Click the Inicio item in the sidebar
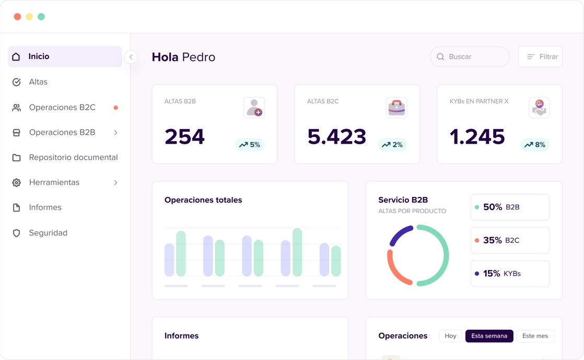(65, 56)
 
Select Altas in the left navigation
(38, 82)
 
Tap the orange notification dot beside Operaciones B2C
(115, 108)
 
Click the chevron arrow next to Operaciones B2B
(115, 133)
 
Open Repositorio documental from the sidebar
(73, 157)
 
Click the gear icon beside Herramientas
(17, 182)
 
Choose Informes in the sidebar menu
(45, 207)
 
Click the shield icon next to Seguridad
(17, 233)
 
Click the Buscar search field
(470, 56)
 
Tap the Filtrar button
(540, 56)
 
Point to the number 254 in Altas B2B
(184, 137)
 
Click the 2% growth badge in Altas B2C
(392, 145)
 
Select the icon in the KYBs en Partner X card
(539, 108)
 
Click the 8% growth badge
(534, 145)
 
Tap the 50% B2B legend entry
(510, 207)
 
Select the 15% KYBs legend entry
(510, 273)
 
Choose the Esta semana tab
(489, 336)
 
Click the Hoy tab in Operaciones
(450, 336)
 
